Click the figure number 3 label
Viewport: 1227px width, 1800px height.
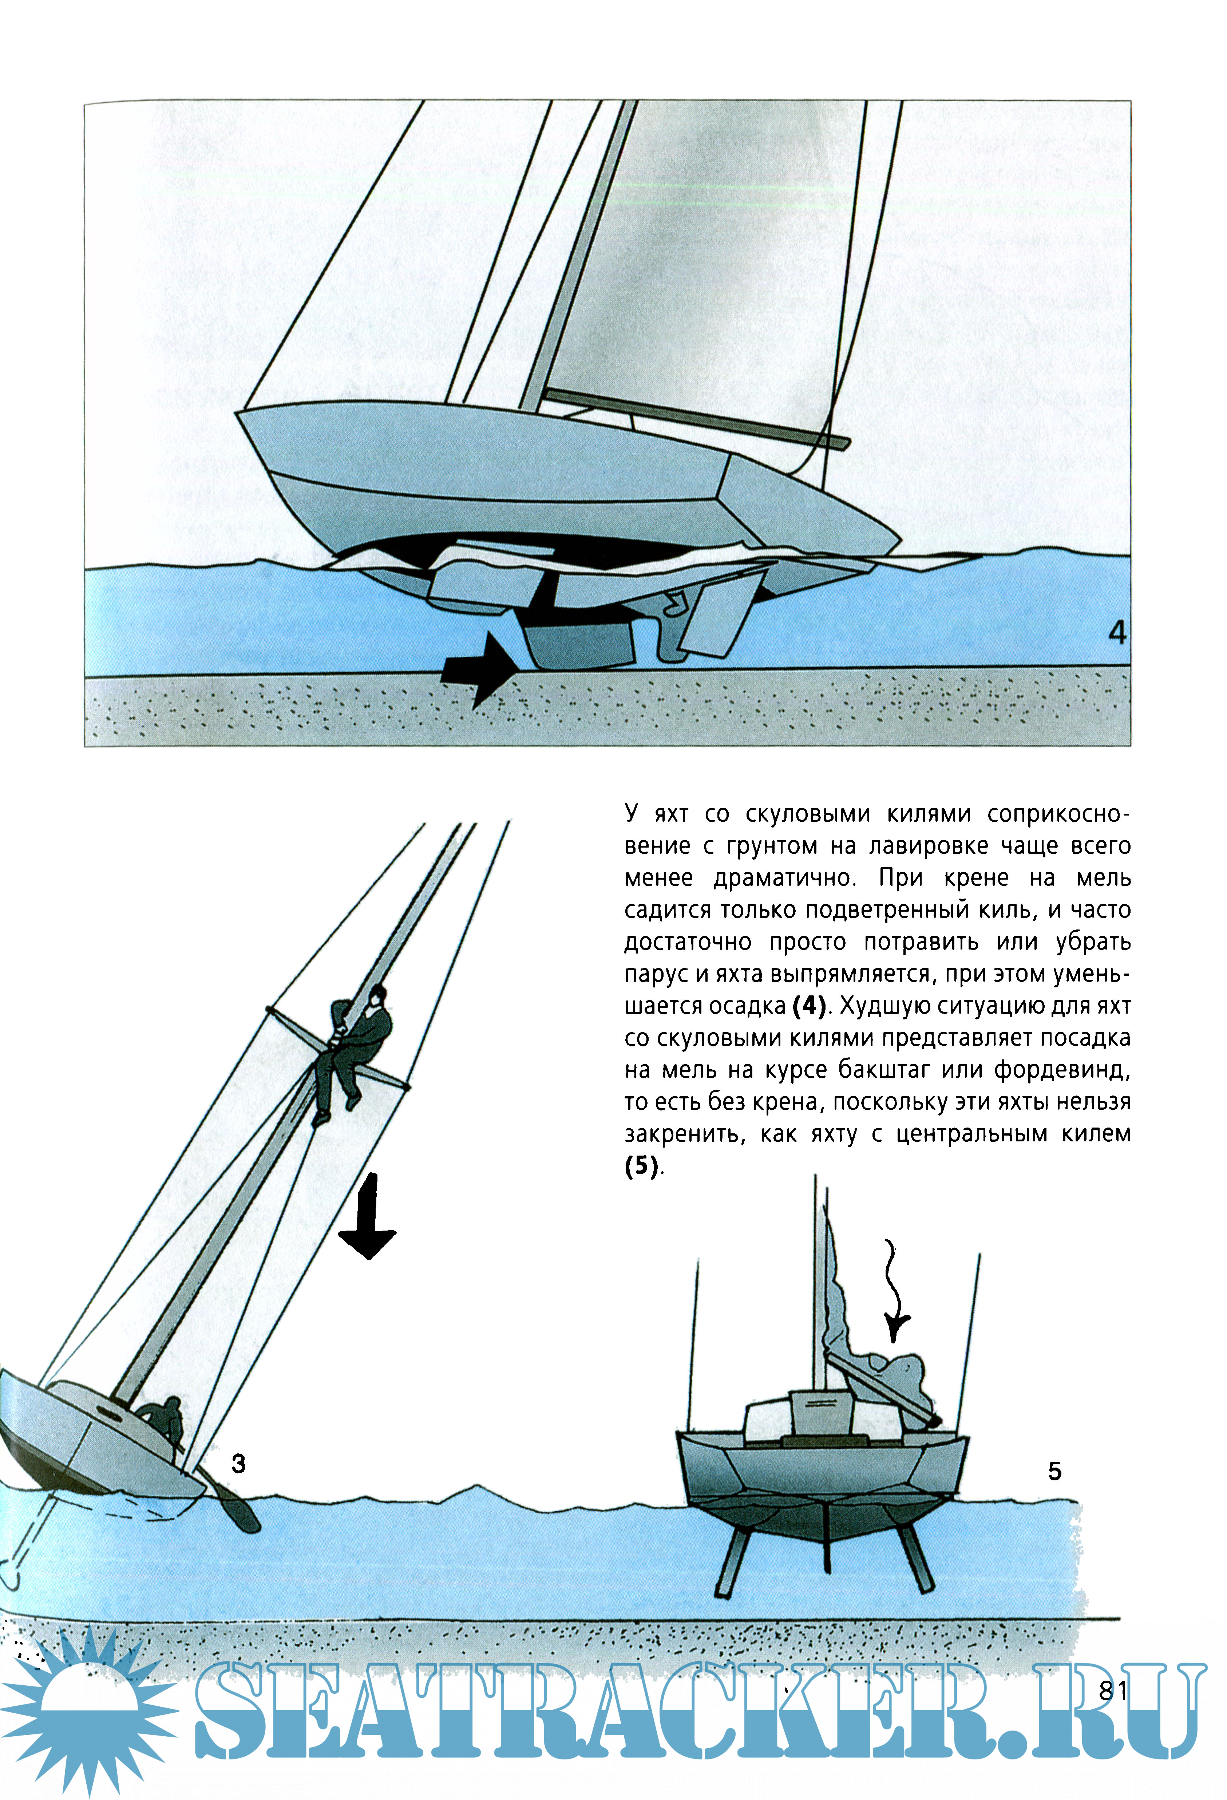(238, 1463)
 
